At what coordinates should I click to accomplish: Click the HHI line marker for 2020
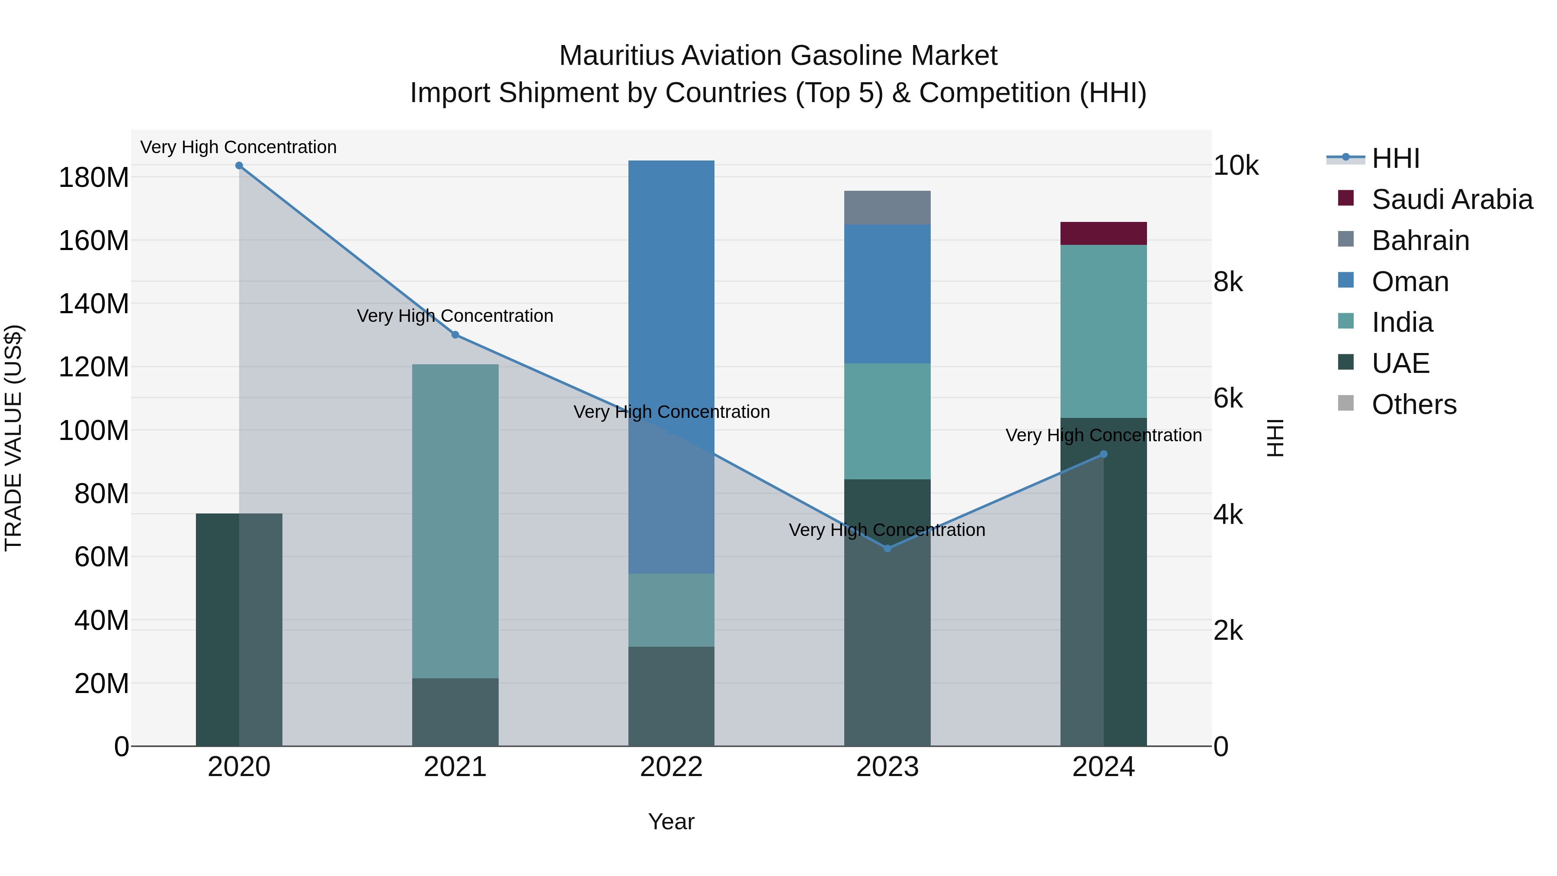pos(239,166)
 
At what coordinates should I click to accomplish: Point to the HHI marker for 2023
pos(887,549)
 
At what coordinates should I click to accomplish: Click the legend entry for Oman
pos(1410,282)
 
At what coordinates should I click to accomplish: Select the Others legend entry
pos(1414,404)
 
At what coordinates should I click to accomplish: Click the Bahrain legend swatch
pos(1346,239)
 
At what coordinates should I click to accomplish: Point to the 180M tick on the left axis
pos(94,178)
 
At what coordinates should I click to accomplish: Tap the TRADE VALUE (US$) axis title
pos(13,438)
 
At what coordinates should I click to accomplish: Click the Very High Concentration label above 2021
pos(455,316)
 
